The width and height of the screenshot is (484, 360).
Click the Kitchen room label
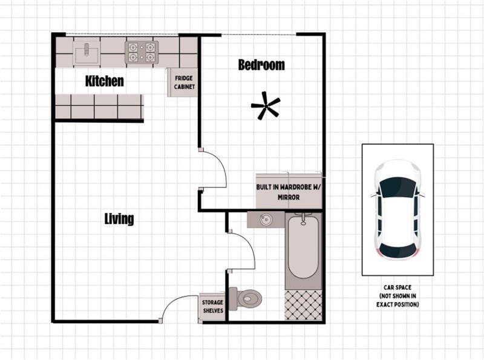pyautogui.click(x=104, y=81)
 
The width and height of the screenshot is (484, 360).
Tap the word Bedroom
pyautogui.click(x=261, y=65)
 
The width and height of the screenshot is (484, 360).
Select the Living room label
pyautogui.click(x=119, y=219)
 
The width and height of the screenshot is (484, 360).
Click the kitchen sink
pyautogui.click(x=87, y=53)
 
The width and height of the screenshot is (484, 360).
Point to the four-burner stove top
pyautogui.click(x=142, y=53)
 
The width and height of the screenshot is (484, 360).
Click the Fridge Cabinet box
pyautogui.click(x=183, y=82)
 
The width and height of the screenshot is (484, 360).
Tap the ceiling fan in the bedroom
pyautogui.click(x=266, y=106)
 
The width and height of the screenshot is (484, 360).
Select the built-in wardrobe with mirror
pyautogui.click(x=289, y=191)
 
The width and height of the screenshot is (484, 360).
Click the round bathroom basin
pyautogui.click(x=266, y=220)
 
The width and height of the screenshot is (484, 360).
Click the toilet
pyautogui.click(x=246, y=298)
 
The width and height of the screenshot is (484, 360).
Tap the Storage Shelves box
pyautogui.click(x=212, y=307)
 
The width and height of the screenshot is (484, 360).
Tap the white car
pyautogui.click(x=397, y=209)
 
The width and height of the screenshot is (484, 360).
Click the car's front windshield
pyautogui.click(x=397, y=188)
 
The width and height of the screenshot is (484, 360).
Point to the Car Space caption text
pyautogui.click(x=397, y=296)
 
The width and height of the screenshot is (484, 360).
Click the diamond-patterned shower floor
pyautogui.click(x=303, y=305)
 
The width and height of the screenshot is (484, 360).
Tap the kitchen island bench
pyautogui.click(x=99, y=106)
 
